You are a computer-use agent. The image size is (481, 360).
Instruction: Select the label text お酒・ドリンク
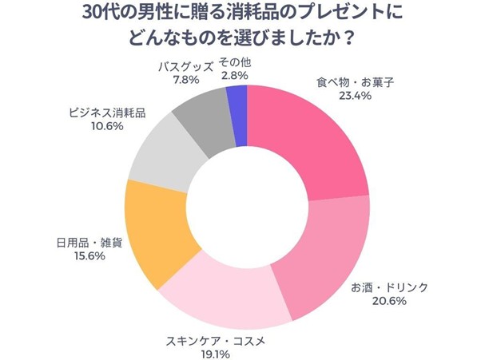pyautogui.click(x=390, y=287)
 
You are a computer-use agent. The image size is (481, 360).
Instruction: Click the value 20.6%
pyautogui.click(x=390, y=301)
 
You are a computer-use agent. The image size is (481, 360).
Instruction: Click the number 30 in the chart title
pyautogui.click(x=93, y=14)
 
